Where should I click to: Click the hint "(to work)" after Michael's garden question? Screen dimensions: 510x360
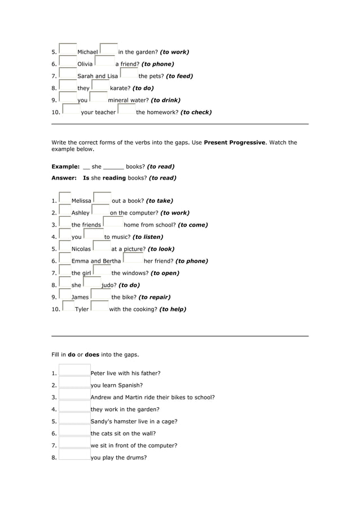pos(174,52)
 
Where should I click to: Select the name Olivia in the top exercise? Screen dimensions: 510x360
pos(85,64)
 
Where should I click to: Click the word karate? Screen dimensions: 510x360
pos(120,88)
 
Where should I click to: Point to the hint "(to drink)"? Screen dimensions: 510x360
pos(165,100)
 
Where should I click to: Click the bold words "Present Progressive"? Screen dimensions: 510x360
pos(234,142)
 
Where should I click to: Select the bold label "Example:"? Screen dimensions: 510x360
pos(65,167)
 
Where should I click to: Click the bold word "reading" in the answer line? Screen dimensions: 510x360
pos(115,178)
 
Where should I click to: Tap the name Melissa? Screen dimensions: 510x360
pos(81,200)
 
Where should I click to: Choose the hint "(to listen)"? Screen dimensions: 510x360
pos(148,237)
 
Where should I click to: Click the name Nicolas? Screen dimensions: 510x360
pos(81,249)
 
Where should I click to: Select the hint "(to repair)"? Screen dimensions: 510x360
pos(155,297)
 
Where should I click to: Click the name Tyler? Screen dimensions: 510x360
pos(82,310)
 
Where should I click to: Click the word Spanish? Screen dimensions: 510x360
pos(130,385)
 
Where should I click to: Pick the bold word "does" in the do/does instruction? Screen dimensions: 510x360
pos(91,355)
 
